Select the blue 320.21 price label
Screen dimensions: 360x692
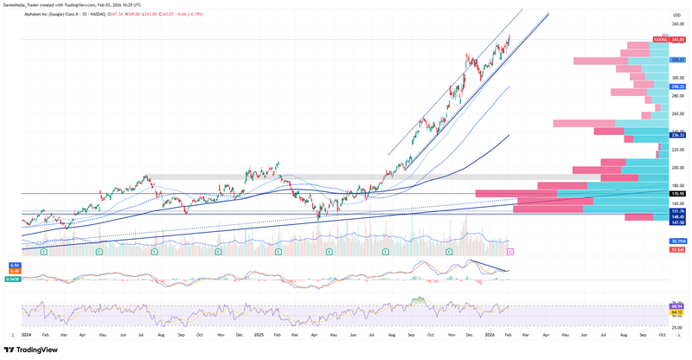(678, 60)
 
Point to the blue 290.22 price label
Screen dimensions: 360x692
(678, 87)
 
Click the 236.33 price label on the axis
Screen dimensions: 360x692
(678, 135)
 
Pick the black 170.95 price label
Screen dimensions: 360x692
(678, 194)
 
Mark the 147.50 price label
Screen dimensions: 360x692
(678, 222)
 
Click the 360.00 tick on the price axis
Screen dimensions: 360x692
(678, 24)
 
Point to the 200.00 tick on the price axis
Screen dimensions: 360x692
(678, 167)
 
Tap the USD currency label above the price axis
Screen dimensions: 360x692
(676, 15)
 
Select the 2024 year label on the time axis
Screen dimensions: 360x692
(26, 334)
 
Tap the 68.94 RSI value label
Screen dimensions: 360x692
(678, 305)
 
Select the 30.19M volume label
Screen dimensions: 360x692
(678, 241)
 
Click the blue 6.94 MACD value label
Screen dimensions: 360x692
(15, 264)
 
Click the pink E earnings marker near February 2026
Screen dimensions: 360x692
(509, 251)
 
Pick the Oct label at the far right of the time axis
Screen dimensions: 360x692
(662, 334)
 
